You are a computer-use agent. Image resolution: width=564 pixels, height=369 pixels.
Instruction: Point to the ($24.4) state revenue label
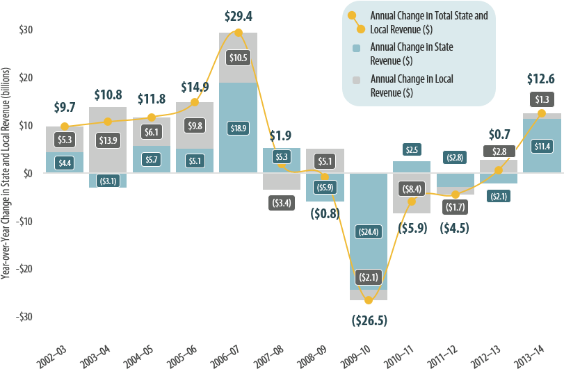pos(369,231)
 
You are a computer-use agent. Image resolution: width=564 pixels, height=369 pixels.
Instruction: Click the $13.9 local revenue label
pos(108,140)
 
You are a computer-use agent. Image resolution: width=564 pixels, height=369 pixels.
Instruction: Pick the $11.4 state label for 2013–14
pos(541,146)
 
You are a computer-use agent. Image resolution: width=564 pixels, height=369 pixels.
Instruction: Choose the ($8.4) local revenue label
pos(412,188)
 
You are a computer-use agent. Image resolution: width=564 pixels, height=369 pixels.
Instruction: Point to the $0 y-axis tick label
pos(27,173)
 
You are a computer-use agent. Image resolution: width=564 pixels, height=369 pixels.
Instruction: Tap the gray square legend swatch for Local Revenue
pos(356,79)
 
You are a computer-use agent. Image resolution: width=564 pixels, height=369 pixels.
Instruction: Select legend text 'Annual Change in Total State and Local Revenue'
pos(428,22)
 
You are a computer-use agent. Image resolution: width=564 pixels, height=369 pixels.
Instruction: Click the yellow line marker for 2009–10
pos(369,300)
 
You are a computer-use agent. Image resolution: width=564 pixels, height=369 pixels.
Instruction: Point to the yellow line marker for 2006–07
pos(239,33)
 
